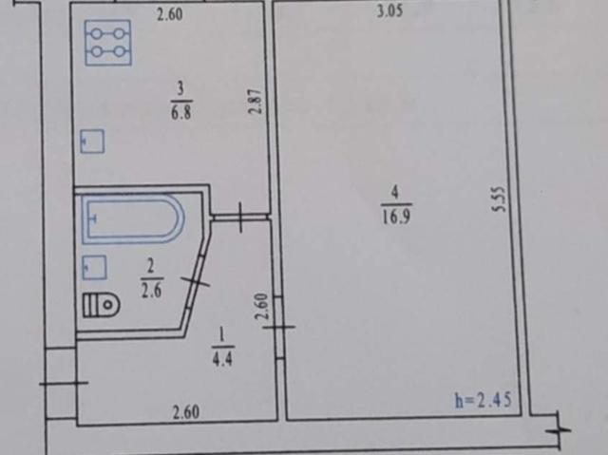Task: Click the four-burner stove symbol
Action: pyautogui.click(x=108, y=43)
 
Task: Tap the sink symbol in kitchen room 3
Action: pyautogui.click(x=92, y=142)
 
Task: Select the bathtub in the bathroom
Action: pyautogui.click(x=133, y=219)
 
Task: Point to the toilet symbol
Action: pyautogui.click(x=102, y=306)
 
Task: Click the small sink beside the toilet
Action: pyautogui.click(x=95, y=268)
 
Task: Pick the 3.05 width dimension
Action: pyautogui.click(x=389, y=11)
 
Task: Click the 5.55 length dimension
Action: pyautogui.click(x=500, y=199)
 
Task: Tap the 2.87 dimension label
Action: pyautogui.click(x=256, y=102)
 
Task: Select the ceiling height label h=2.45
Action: pyautogui.click(x=484, y=400)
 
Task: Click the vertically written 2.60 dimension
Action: pyautogui.click(x=262, y=306)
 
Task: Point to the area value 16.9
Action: pyautogui.click(x=396, y=217)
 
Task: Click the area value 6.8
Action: pyautogui.click(x=181, y=114)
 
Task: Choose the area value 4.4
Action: pyautogui.click(x=222, y=360)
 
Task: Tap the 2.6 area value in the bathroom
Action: pyautogui.click(x=151, y=291)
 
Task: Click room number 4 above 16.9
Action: pyautogui.click(x=395, y=193)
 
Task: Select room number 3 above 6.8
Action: pyautogui.click(x=180, y=88)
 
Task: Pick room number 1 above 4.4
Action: pyautogui.click(x=221, y=335)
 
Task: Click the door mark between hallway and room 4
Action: pyautogui.click(x=279, y=327)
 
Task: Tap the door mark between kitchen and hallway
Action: pyautogui.click(x=240, y=218)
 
